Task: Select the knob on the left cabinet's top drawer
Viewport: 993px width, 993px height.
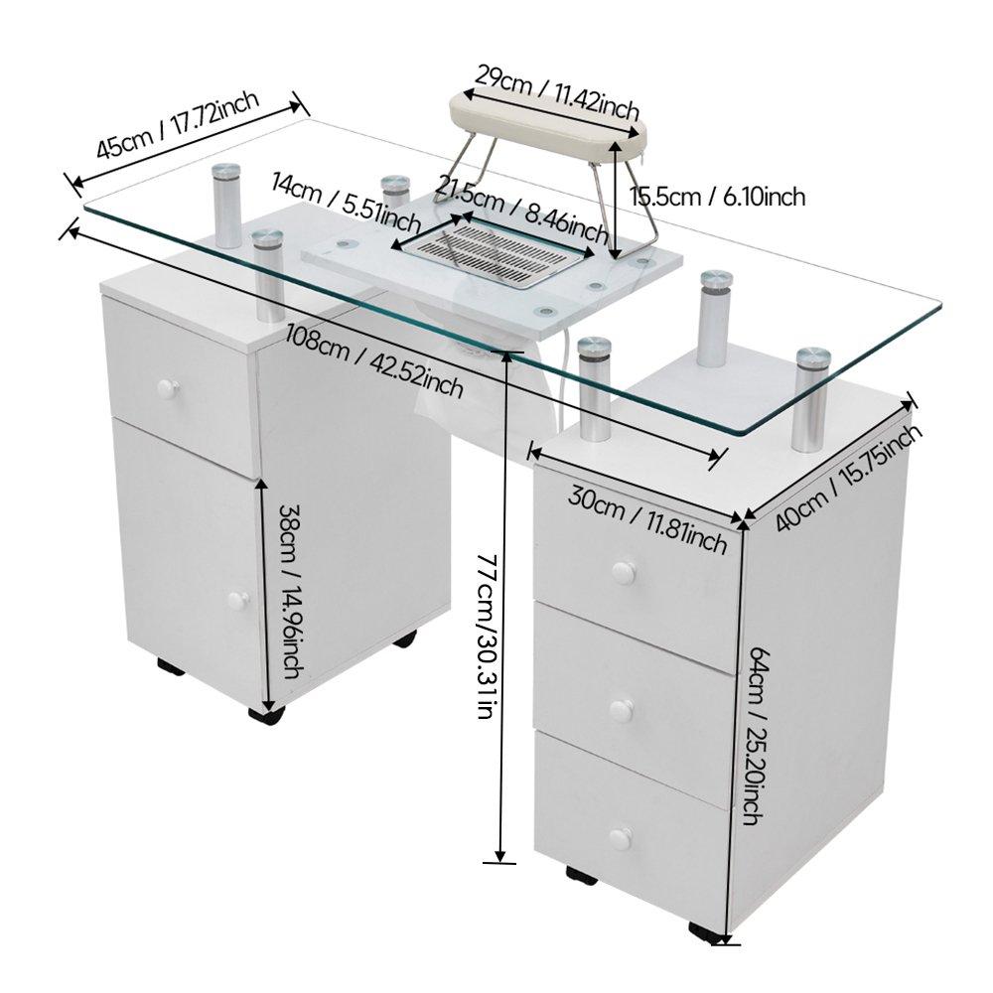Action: pos(166,387)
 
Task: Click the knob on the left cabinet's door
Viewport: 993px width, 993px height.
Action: pos(237,600)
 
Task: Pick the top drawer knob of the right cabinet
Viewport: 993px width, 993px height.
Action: pos(623,572)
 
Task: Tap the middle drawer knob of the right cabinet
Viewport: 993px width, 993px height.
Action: pos(621,710)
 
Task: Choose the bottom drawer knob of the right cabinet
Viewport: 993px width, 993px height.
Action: pos(620,838)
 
